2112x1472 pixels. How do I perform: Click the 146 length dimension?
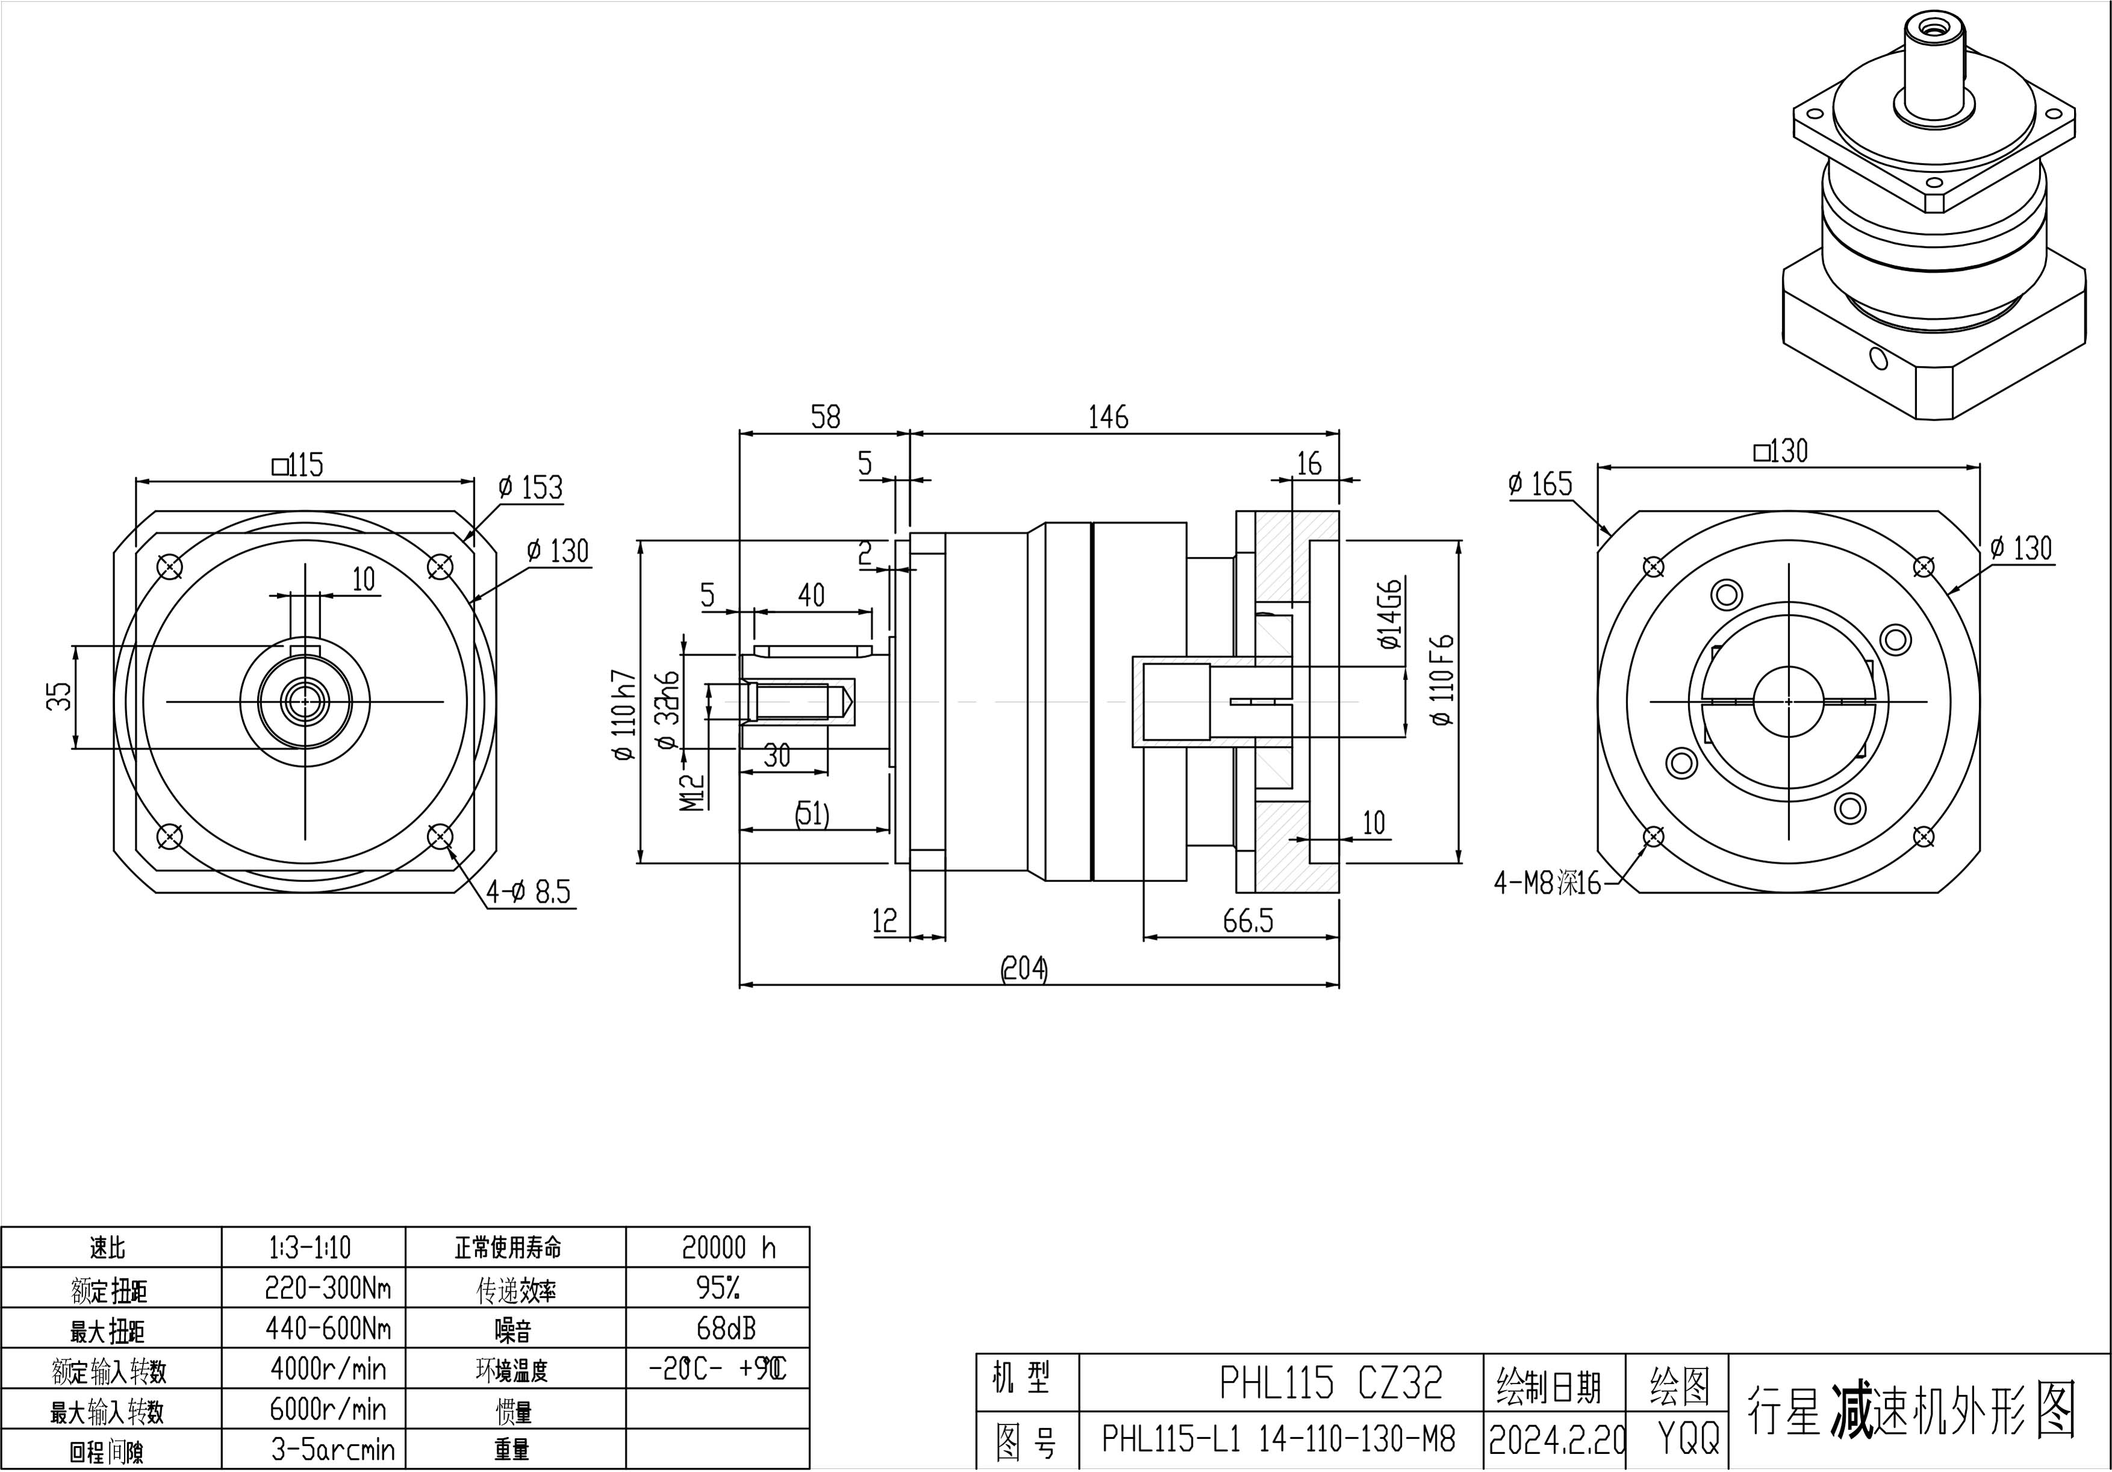(x=1108, y=418)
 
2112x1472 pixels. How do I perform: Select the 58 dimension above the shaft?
(x=825, y=418)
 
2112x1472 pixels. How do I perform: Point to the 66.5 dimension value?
(x=1247, y=921)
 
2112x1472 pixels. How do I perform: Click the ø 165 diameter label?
(x=1541, y=484)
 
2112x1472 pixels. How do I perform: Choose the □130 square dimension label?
(x=1781, y=451)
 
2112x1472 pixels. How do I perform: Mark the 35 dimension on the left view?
(x=58, y=697)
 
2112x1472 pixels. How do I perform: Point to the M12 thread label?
(x=692, y=791)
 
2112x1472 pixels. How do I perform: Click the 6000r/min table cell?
(x=328, y=1409)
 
